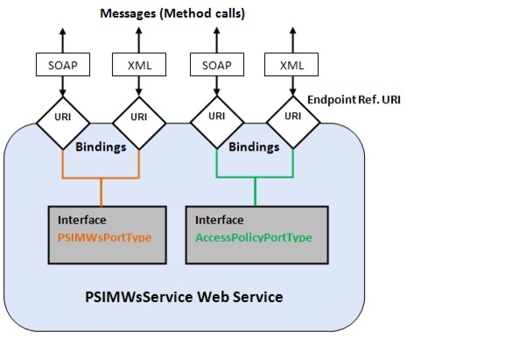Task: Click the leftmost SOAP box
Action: [x=63, y=66]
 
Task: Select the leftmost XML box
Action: [x=137, y=66]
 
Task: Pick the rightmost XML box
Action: [x=291, y=66]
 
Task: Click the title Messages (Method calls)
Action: [x=172, y=13]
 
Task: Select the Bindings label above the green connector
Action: [x=254, y=147]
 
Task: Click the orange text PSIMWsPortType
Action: [x=99, y=237]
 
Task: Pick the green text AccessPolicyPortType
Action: [x=254, y=237]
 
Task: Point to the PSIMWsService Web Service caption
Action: [x=184, y=297]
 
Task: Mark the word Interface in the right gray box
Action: [x=220, y=220]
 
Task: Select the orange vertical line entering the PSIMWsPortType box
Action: [x=102, y=192]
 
